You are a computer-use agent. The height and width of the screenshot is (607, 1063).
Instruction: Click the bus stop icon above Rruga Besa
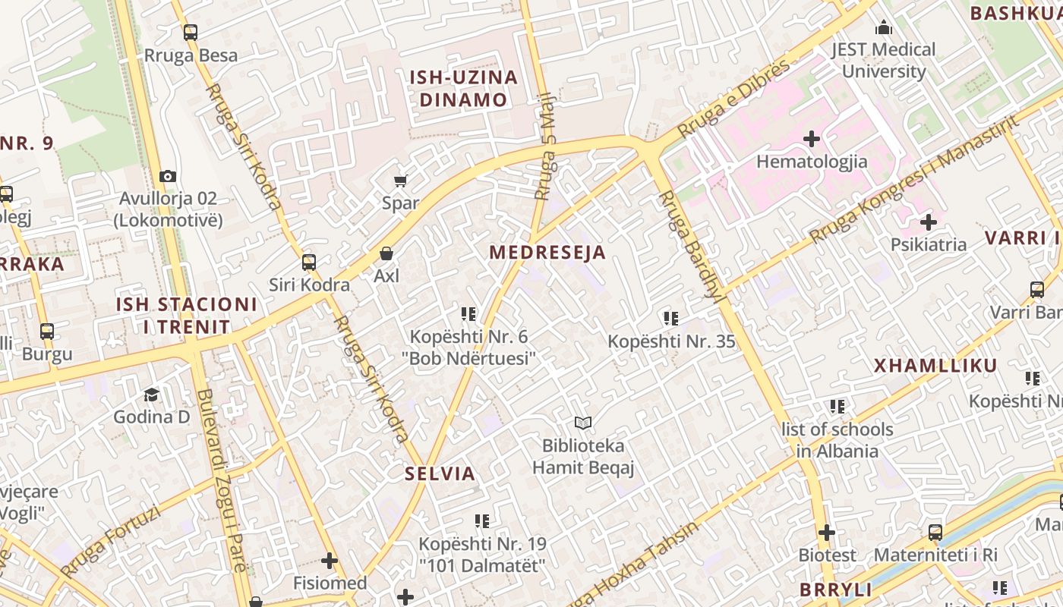tap(190, 33)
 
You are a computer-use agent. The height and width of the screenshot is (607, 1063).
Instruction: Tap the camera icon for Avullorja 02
tap(168, 176)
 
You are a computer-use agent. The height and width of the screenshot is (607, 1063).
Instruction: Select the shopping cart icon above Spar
tap(400, 181)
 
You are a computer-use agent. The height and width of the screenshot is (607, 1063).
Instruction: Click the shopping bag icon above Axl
tap(386, 253)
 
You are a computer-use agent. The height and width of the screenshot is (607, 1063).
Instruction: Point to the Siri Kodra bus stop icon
tap(309, 263)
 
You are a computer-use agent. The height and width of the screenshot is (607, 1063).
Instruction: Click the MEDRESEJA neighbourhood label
tap(547, 253)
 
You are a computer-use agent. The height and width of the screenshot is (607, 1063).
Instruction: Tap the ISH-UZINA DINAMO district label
tap(463, 88)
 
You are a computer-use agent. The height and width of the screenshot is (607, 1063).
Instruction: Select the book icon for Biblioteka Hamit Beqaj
tap(582, 423)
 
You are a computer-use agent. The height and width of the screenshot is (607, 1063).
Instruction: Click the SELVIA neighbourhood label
tap(440, 474)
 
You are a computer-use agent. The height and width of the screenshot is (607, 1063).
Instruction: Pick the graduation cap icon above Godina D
tap(152, 395)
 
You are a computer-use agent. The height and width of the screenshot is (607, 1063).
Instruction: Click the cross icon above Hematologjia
tap(812, 139)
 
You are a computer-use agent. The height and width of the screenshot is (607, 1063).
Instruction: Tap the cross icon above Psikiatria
tap(928, 222)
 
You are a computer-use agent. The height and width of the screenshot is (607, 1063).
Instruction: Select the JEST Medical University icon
tap(883, 28)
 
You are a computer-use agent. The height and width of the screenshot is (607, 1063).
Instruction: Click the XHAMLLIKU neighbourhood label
tap(935, 366)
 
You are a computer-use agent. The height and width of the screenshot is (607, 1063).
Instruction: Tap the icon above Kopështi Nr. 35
tap(670, 318)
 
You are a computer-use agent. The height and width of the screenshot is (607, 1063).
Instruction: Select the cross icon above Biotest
tap(827, 533)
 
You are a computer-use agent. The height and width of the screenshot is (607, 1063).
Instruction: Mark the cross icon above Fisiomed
tap(330, 561)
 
